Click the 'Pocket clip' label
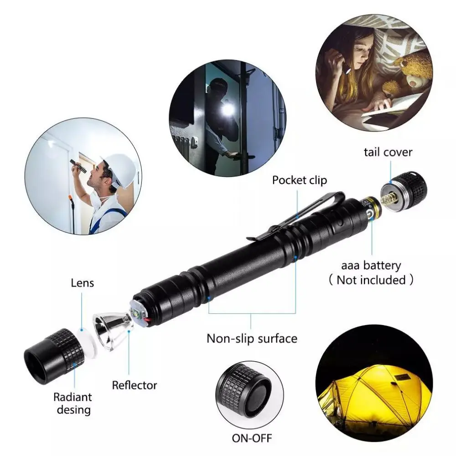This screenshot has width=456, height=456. (x=300, y=180)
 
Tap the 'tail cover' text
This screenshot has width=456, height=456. (x=388, y=152)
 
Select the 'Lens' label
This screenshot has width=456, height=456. (x=82, y=283)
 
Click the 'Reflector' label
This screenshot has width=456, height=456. (x=135, y=385)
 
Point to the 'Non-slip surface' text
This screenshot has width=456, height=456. (x=252, y=338)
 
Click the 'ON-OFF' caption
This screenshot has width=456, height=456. (x=252, y=439)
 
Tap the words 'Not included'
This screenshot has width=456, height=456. (x=371, y=280)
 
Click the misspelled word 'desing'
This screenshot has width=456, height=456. (x=73, y=409)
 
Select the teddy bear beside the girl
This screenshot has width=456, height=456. (x=413, y=71)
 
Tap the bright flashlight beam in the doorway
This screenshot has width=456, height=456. (x=227, y=110)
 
